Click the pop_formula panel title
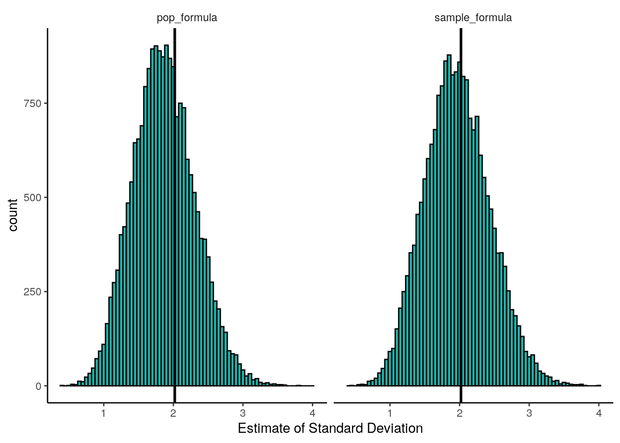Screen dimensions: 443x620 click(187, 18)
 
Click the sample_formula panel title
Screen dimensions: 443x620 click(473, 18)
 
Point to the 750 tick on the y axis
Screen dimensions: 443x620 click(33, 103)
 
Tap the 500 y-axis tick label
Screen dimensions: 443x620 click(33, 198)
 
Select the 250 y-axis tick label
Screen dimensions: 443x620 click(33, 292)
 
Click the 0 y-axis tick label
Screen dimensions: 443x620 click(39, 386)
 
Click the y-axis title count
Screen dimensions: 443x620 click(13, 215)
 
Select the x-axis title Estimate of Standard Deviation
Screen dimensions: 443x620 click(330, 428)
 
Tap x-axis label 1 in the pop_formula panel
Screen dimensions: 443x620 click(103, 413)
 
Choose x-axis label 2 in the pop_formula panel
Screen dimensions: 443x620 click(173, 413)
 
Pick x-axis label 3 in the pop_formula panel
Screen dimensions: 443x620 click(243, 413)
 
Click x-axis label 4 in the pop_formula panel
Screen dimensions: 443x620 click(312, 413)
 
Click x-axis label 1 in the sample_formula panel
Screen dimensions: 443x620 click(390, 413)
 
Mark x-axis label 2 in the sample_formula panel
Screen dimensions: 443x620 click(459, 413)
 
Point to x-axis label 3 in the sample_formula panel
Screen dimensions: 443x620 click(529, 413)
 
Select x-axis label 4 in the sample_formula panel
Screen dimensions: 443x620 click(599, 413)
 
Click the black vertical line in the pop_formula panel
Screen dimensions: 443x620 click(174, 231)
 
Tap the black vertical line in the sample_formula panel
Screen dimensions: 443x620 click(461, 231)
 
